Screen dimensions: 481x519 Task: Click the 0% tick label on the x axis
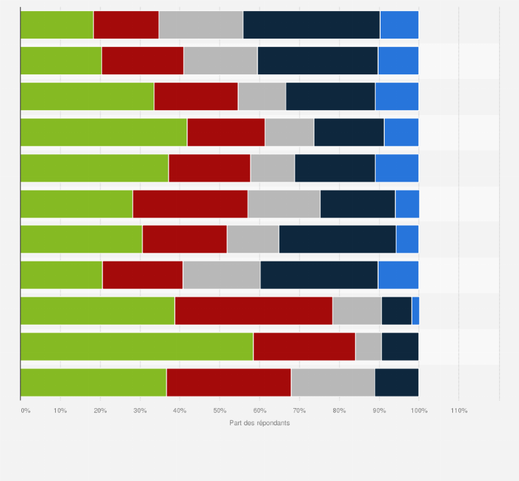(25, 411)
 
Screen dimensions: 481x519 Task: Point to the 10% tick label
(60, 411)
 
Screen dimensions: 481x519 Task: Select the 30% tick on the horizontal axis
(140, 411)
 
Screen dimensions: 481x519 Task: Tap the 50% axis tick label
(220, 411)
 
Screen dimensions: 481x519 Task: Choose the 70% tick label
(299, 411)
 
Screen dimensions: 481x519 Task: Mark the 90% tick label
(379, 411)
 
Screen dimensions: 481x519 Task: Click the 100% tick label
(419, 411)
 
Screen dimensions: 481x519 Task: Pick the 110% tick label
(459, 411)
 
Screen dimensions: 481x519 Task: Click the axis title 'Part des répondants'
(259, 423)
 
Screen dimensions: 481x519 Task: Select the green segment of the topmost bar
(56, 25)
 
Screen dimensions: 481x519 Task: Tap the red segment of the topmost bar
(126, 25)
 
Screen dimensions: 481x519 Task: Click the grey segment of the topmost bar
(201, 25)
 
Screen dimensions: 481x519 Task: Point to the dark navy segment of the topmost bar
(312, 25)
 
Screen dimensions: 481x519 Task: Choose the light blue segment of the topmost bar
(399, 25)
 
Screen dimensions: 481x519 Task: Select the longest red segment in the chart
(253, 311)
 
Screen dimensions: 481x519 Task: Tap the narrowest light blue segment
(415, 311)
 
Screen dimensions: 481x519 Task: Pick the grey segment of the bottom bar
(333, 383)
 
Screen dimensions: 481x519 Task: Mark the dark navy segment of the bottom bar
(396, 383)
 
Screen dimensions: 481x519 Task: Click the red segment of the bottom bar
(229, 383)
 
